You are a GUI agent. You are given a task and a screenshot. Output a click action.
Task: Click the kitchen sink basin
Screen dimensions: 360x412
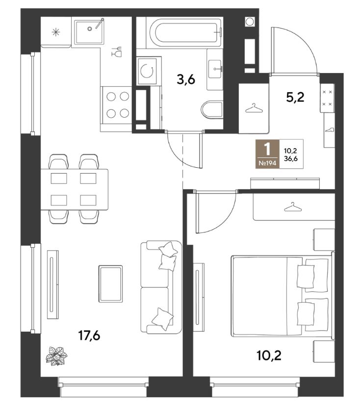coord(89,32)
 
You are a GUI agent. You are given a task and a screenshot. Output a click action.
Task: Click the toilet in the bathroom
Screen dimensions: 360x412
coord(212,109)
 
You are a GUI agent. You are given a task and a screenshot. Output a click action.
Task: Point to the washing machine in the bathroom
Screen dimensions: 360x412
coord(147,71)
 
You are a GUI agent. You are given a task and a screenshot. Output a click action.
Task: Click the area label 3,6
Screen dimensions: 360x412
coord(186,79)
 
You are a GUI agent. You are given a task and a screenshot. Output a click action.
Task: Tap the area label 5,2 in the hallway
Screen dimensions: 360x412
coord(295,97)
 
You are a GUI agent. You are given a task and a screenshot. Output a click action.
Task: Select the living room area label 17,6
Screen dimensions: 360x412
coord(89,335)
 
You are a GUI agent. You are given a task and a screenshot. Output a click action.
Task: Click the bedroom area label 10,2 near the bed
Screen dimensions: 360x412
coord(269,356)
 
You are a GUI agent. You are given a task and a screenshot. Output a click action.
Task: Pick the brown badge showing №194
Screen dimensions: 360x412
coord(267,154)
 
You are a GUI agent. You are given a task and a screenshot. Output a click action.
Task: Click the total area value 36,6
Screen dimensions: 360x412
coord(291,158)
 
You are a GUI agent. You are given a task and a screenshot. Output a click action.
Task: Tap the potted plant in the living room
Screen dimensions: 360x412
coord(56,356)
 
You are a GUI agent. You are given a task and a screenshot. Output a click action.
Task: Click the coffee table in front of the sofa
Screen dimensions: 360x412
coord(111,283)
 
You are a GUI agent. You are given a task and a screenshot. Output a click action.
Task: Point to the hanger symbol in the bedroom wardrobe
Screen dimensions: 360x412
coord(293,207)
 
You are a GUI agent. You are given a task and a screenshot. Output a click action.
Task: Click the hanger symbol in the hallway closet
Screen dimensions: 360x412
coord(254,108)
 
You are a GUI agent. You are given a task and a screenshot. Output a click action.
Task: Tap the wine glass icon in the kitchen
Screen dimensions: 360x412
coord(117,51)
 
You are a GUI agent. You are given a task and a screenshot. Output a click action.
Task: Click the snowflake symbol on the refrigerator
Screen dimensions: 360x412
coord(56,32)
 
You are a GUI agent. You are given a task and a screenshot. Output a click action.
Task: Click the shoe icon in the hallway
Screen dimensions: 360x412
coord(330,130)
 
